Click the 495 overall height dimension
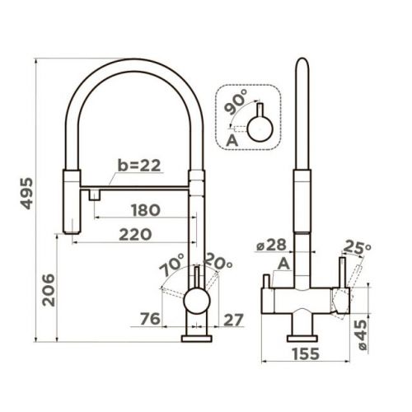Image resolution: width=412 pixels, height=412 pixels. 27,194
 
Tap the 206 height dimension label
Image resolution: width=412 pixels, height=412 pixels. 49,290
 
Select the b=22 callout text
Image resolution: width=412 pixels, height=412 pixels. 139,166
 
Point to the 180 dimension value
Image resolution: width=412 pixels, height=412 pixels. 146,210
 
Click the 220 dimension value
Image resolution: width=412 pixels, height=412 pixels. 135,235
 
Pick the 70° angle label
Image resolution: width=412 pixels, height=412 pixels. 172,264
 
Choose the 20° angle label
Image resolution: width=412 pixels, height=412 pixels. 218,261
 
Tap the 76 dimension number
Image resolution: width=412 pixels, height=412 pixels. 150,319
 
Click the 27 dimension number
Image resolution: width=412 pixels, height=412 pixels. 233,320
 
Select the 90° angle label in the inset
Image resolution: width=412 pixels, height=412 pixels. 236,102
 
